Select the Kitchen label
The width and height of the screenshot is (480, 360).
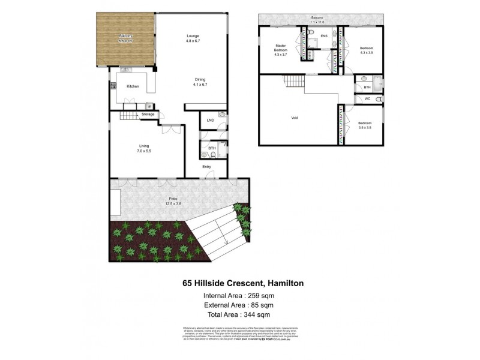pyautogui.click(x=133, y=86)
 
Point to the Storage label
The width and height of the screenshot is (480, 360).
pyautogui.click(x=148, y=114)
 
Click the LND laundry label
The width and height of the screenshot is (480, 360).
pyautogui.click(x=210, y=121)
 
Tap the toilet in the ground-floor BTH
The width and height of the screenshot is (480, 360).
pyautogui.click(x=221, y=152)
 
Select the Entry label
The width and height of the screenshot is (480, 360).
pyautogui.click(x=206, y=167)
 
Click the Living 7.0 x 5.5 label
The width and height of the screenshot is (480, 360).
pyautogui.click(x=144, y=148)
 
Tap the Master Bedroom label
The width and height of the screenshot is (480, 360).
pyautogui.click(x=281, y=49)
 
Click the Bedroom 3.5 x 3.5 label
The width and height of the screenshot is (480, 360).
pyautogui.click(x=365, y=125)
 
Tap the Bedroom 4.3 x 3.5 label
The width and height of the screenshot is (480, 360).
pyautogui.click(x=367, y=50)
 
